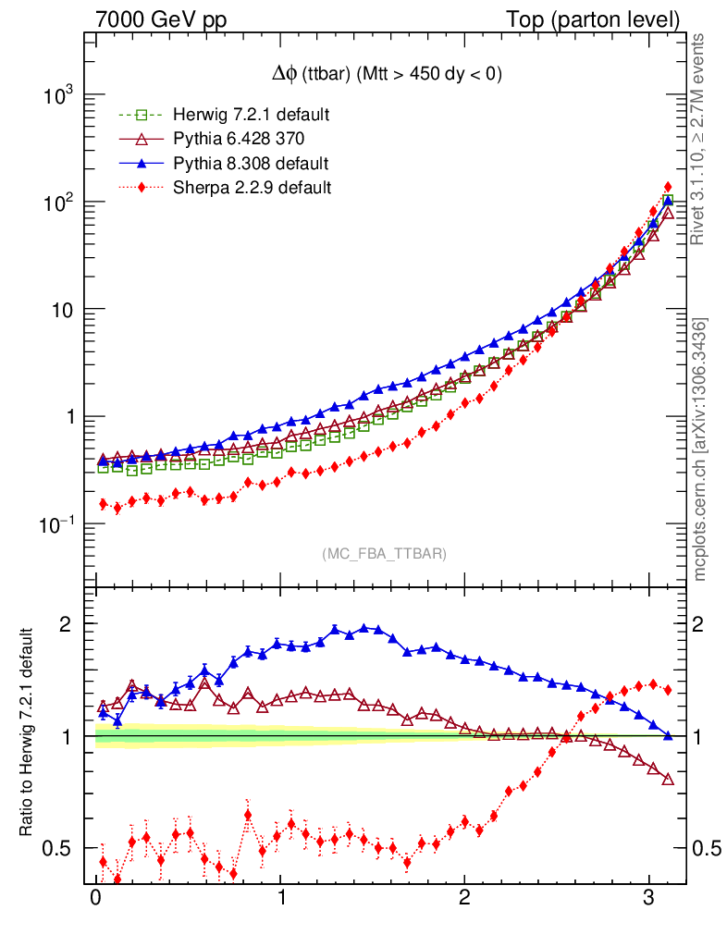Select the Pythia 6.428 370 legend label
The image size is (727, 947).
pyautogui.click(x=240, y=140)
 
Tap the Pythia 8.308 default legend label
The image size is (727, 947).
pyautogui.click(x=251, y=164)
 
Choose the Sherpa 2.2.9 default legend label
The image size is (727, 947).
pyautogui.click(x=253, y=188)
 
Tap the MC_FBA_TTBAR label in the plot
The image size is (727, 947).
pyautogui.click(x=385, y=554)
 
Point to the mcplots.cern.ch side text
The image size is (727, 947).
pyautogui.click(x=701, y=449)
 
